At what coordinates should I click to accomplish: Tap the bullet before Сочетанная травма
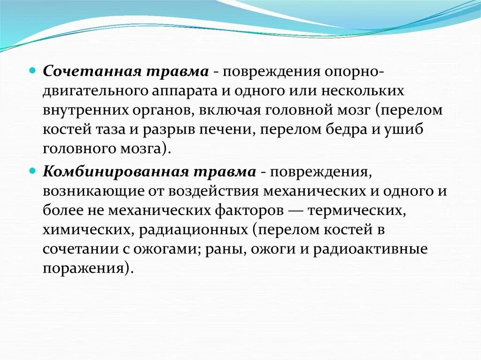pos(32,69)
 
